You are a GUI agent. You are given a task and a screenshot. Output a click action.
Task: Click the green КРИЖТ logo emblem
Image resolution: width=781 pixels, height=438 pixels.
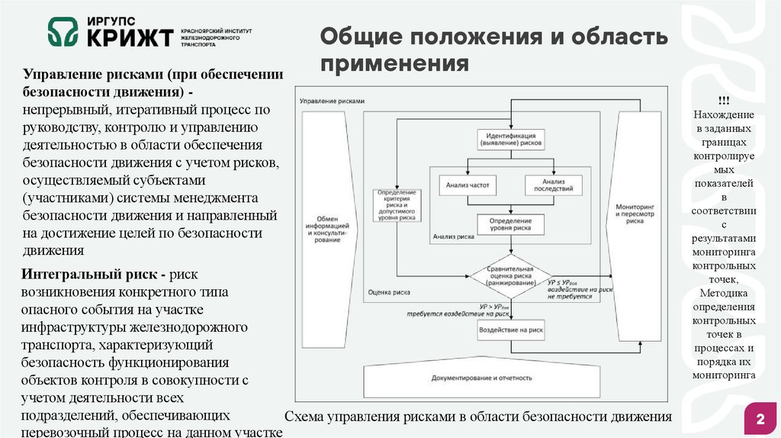pos(64,32)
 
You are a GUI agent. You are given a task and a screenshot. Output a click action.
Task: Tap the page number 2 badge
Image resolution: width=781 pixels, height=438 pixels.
pos(760,420)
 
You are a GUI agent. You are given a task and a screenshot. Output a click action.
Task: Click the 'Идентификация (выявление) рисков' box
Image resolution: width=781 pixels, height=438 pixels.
pos(510,138)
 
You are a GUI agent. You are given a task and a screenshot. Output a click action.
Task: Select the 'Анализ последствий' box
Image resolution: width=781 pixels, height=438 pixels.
pos(553,185)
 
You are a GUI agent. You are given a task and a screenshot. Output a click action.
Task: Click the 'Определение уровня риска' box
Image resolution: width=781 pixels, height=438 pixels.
pos(510,223)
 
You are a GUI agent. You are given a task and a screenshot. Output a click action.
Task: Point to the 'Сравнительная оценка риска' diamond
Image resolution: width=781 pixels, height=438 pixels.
pos(510,275)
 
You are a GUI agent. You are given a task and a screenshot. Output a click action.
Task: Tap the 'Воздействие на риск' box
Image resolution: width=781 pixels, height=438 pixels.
pos(510,330)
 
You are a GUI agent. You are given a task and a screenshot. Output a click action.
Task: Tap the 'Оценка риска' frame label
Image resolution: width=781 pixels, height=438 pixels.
pos(390,292)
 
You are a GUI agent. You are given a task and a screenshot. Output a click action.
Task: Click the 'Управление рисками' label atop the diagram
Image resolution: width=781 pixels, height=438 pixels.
pos(332,101)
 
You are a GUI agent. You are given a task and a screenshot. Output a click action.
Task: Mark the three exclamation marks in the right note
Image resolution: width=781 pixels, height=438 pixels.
pos(722,101)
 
